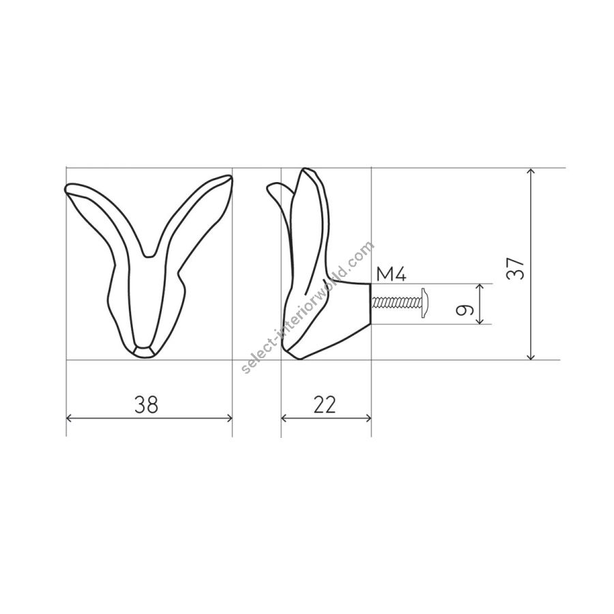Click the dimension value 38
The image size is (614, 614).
click(147, 405)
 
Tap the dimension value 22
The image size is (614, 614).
click(325, 405)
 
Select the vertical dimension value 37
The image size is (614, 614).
click(515, 268)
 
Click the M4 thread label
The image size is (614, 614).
click(391, 274)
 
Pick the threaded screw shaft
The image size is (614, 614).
click(396, 302)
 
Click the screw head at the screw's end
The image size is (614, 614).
click(426, 302)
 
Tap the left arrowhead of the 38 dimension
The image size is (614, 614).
click(70, 418)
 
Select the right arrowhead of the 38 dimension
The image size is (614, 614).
click(229, 418)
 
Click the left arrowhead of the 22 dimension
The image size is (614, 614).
click(284, 418)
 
